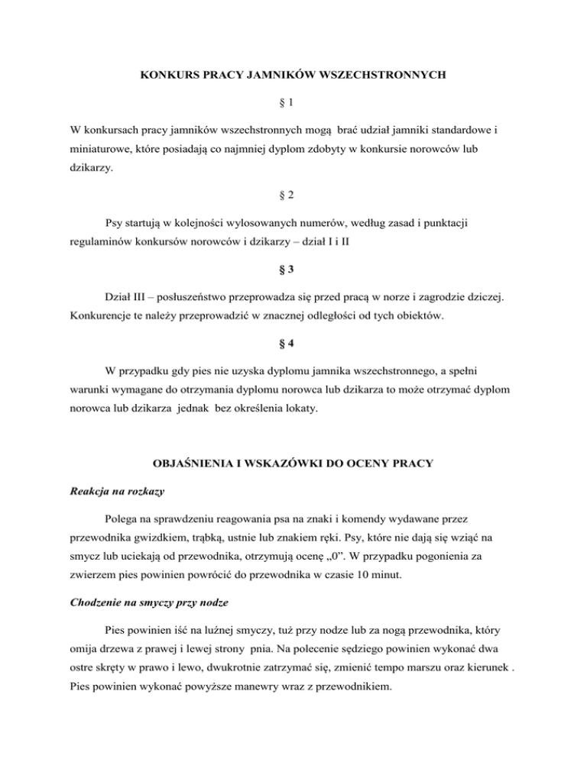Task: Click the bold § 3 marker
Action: coord(294,270)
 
